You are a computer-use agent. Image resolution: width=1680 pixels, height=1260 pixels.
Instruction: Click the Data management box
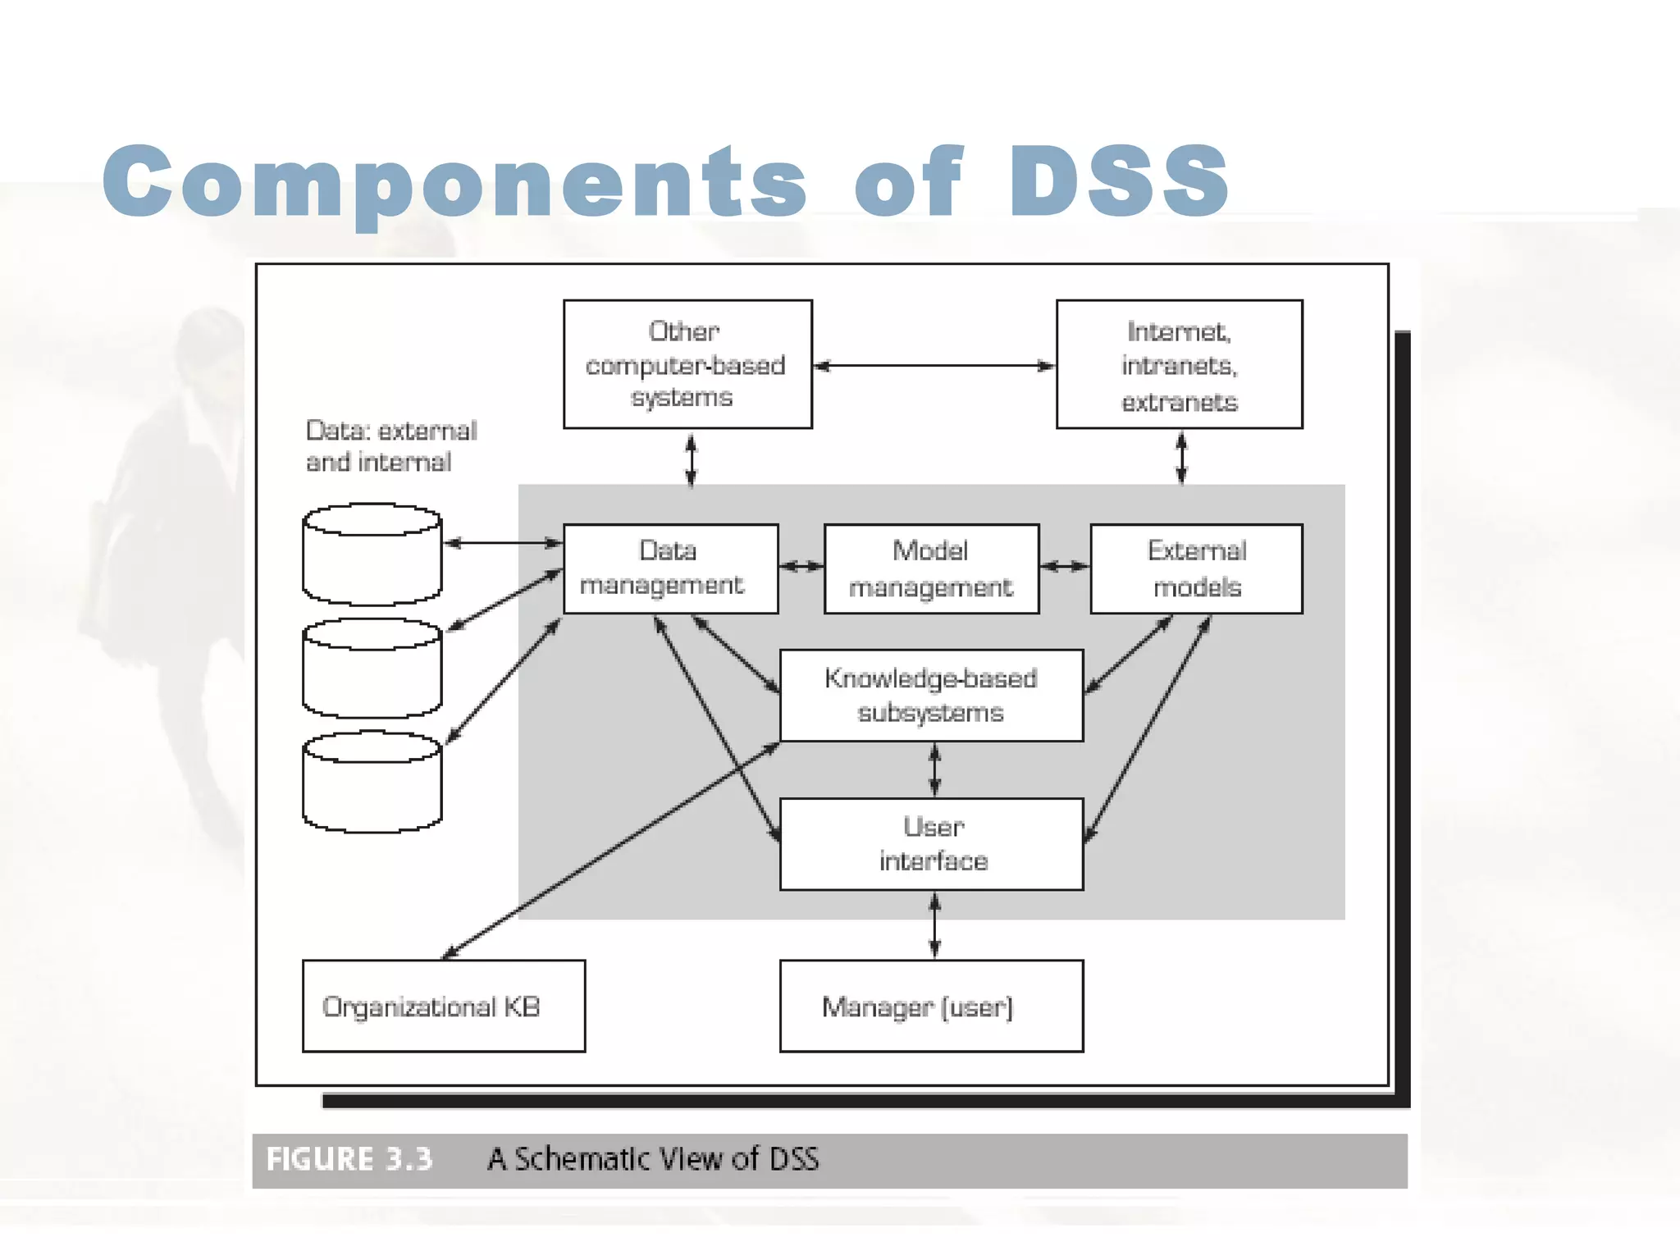[670, 568]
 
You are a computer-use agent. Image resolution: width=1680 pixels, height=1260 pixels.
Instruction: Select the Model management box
[931, 568]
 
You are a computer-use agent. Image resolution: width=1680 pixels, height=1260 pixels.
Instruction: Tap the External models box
[1196, 568]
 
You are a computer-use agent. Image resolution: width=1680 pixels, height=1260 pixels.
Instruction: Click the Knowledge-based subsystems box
[931, 695]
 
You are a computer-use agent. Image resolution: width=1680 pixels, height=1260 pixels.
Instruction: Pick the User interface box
[931, 844]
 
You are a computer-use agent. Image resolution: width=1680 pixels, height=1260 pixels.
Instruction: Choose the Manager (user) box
[931, 1006]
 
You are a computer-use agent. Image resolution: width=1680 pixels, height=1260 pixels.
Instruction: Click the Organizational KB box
[444, 1006]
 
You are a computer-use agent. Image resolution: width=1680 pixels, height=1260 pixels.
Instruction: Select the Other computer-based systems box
[687, 364]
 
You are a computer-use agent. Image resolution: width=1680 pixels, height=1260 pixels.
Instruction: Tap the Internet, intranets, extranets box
[1179, 364]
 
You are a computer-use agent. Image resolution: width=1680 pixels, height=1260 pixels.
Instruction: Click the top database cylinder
[372, 555]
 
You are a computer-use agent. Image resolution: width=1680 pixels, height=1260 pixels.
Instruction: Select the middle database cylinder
[372, 669]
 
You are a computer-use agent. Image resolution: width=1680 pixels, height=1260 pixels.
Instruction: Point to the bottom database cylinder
[372, 783]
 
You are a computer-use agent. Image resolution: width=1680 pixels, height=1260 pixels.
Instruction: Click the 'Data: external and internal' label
[390, 446]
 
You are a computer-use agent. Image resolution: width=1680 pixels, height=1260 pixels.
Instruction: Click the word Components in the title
[455, 182]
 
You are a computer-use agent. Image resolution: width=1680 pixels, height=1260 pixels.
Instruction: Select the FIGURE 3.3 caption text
[349, 1159]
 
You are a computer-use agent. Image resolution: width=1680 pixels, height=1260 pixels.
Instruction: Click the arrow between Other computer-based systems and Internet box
[934, 366]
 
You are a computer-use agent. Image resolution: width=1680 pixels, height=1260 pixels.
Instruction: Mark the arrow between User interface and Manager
[934, 925]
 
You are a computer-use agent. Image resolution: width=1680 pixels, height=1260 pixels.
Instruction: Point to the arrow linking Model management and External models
[1064, 566]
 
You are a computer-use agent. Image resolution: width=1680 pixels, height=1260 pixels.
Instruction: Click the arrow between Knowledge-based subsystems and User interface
[934, 769]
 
